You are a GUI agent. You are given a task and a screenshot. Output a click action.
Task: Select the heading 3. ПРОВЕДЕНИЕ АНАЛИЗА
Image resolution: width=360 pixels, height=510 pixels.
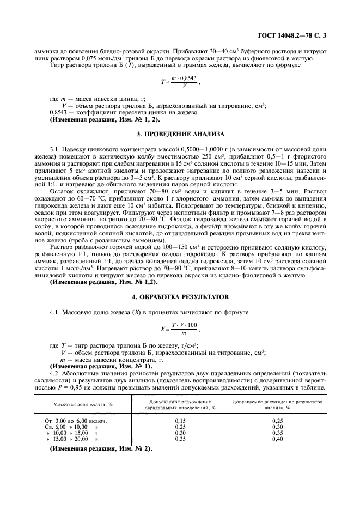pyautogui.click(x=180, y=133)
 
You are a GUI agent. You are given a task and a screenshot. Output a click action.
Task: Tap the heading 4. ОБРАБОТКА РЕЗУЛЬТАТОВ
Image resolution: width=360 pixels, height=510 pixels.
pyautogui.click(x=180, y=298)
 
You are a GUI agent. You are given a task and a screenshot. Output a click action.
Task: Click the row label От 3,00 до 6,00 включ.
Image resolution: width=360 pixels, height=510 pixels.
pyautogui.click(x=76, y=421)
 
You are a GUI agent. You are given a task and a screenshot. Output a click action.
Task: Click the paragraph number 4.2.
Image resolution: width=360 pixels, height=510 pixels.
pyautogui.click(x=54, y=373)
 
